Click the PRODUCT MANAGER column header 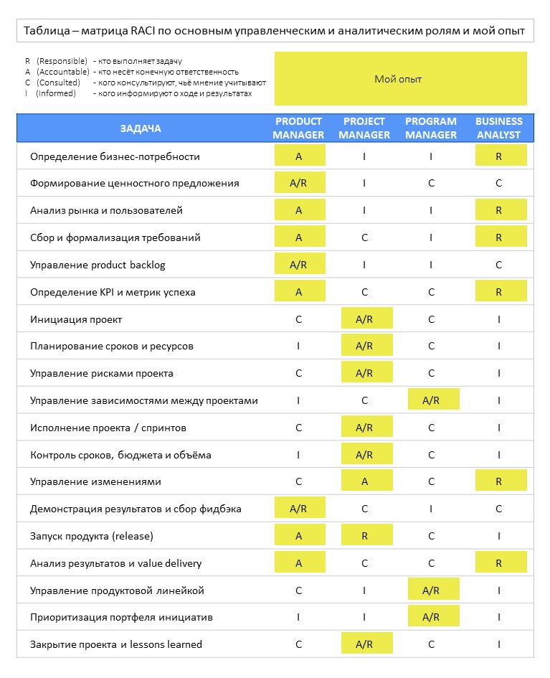[298, 128]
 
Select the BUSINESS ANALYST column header [498, 128]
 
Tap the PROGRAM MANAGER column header [431, 128]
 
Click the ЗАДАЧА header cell [141, 128]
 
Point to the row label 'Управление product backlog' [98, 265]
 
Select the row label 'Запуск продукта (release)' [92, 536]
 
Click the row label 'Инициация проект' [81, 319]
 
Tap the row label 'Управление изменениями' [95, 481]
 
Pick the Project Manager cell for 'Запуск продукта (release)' [365, 536]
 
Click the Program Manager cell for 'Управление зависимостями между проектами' [431, 400]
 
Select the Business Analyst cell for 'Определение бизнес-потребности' [498, 156]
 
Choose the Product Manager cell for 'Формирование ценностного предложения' [298, 183]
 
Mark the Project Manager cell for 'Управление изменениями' [365, 481]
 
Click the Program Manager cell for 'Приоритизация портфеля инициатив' [431, 617]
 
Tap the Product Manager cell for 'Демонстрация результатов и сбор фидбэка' [298, 509]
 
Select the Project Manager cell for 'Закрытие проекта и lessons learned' [365, 644]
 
